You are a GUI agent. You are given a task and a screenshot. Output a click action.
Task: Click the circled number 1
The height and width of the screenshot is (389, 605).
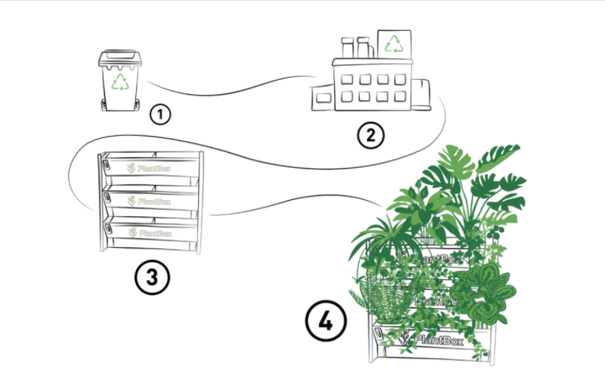coord(160,114)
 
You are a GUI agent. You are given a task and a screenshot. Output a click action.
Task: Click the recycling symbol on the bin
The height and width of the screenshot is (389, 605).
coord(120,82)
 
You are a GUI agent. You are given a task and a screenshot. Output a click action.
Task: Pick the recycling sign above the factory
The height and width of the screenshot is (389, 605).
coord(394,44)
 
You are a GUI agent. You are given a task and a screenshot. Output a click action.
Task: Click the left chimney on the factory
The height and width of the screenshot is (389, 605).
coord(348,47)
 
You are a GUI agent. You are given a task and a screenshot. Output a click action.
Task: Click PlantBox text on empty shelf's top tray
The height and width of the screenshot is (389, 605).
coord(149,168)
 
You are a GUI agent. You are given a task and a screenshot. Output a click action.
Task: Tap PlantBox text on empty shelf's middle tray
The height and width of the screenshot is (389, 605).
coord(149,201)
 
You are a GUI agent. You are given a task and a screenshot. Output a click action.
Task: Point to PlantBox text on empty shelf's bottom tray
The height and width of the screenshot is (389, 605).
coord(150,233)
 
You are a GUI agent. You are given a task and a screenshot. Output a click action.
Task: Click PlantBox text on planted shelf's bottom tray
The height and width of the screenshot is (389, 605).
coord(432,340)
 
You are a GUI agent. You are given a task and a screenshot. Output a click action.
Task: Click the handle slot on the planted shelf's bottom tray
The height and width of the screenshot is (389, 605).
coord(378,335)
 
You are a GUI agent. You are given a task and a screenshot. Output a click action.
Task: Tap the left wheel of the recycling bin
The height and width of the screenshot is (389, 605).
coord(105,105)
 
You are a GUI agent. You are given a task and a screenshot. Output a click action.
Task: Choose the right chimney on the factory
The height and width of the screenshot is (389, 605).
coord(364,47)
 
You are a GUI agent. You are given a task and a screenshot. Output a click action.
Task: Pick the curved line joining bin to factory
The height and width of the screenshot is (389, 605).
coord(232,92)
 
